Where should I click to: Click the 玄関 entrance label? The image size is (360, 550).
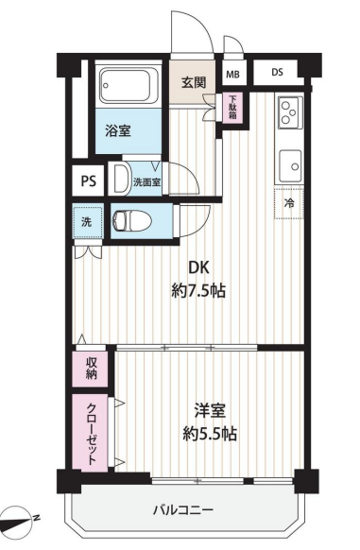194,82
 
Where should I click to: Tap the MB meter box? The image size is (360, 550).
232,74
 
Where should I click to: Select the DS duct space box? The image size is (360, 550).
277,72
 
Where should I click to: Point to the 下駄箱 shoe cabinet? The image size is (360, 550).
232,108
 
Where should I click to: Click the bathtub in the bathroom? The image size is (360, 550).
129,85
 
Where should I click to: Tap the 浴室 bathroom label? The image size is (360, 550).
118,130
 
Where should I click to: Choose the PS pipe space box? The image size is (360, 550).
88,181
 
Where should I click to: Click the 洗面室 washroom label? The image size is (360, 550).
147,182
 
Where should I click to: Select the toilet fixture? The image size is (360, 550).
131,221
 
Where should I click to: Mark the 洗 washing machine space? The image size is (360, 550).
87,222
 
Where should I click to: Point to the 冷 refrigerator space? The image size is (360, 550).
289,203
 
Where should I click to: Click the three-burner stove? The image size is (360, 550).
290,112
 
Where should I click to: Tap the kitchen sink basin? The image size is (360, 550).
290,165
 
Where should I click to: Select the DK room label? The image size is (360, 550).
198,268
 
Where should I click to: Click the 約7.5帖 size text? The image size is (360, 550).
198,291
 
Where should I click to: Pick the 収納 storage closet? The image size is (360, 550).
90,369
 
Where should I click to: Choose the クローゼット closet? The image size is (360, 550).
90,433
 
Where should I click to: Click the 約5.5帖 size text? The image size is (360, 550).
210,435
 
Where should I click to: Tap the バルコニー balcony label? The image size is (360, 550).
183,509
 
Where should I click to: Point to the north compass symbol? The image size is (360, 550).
19,520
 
